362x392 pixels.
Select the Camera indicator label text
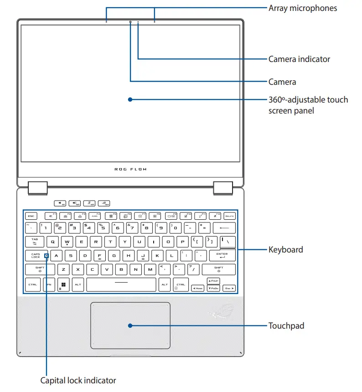click(299, 59)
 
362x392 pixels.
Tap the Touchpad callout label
click(286, 326)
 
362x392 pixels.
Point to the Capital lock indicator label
click(78, 381)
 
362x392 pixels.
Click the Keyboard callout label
click(285, 250)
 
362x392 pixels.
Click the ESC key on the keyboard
click(31, 216)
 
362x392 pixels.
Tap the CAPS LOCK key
click(36, 256)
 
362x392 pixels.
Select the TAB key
click(35, 241)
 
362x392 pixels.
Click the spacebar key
click(121, 284)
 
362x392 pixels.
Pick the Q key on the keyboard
click(52, 242)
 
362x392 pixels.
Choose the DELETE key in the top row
click(230, 216)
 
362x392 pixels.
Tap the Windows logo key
click(63, 284)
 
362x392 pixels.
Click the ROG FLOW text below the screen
click(130, 169)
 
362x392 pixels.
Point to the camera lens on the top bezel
click(130, 21)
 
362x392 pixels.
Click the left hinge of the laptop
click(37, 187)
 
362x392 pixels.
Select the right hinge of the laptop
click(223, 187)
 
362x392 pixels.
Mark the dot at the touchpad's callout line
click(130, 326)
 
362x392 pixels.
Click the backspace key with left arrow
click(224, 227)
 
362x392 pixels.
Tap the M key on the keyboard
click(150, 270)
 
